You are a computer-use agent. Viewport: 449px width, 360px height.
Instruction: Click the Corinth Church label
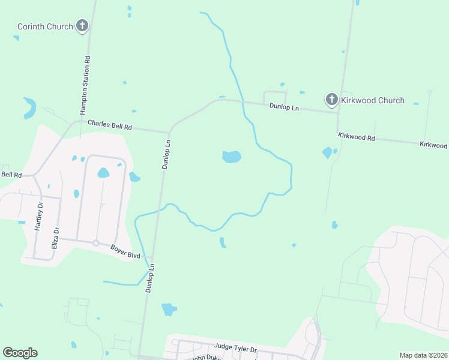coord(44,26)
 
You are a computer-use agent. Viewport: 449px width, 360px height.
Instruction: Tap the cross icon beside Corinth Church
coord(82,26)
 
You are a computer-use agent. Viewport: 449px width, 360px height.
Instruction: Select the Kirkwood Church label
coord(372,100)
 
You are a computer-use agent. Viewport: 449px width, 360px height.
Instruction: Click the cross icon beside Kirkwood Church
coord(331,100)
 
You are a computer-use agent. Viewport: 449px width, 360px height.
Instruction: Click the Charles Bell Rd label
coord(109,125)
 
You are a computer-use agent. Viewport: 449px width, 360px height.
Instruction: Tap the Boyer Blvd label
coord(125,251)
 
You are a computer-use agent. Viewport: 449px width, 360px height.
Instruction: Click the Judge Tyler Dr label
coord(235,348)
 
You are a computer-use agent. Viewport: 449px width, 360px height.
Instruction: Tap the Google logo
coord(20,353)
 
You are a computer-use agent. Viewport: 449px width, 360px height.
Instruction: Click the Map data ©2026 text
coord(423,355)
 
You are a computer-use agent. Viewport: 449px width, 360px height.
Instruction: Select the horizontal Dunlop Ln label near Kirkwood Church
coord(284,107)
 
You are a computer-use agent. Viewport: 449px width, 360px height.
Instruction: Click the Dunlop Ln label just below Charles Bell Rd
coord(167,154)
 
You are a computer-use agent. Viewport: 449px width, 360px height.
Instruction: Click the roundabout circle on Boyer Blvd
coord(95,243)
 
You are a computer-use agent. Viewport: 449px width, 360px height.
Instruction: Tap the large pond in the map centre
coord(231,157)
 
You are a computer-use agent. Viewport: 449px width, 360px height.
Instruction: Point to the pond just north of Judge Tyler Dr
coord(169,310)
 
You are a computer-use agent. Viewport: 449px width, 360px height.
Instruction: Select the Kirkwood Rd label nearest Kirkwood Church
coord(356,137)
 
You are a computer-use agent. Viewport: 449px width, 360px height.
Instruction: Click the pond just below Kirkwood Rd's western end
coord(327,152)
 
